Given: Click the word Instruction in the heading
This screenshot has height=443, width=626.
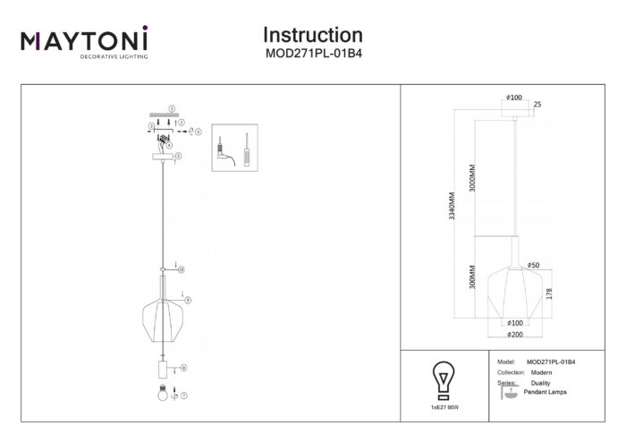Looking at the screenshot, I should pyautogui.click(x=312, y=35).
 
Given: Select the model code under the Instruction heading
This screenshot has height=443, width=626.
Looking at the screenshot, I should pyautogui.click(x=312, y=53).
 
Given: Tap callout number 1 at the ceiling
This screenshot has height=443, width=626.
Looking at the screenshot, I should pyautogui.click(x=172, y=106).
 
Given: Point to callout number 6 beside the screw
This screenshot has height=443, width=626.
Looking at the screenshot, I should pyautogui.click(x=199, y=132).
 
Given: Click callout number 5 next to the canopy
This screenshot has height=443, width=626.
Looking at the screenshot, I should pyautogui.click(x=179, y=156).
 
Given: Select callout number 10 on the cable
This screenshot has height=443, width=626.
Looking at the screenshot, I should pyautogui.click(x=181, y=268).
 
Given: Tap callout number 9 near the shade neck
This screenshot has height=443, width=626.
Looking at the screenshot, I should pyautogui.click(x=188, y=299).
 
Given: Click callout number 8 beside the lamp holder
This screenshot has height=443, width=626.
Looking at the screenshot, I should pyautogui.click(x=183, y=368).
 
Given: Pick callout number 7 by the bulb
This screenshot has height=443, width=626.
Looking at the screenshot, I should pyautogui.click(x=185, y=394).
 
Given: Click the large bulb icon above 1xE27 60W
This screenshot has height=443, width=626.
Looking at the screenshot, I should pyautogui.click(x=442, y=379).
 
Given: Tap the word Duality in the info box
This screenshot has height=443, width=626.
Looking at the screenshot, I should pyautogui.click(x=540, y=382).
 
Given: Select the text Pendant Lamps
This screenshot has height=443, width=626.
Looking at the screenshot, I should pyautogui.click(x=545, y=392).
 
